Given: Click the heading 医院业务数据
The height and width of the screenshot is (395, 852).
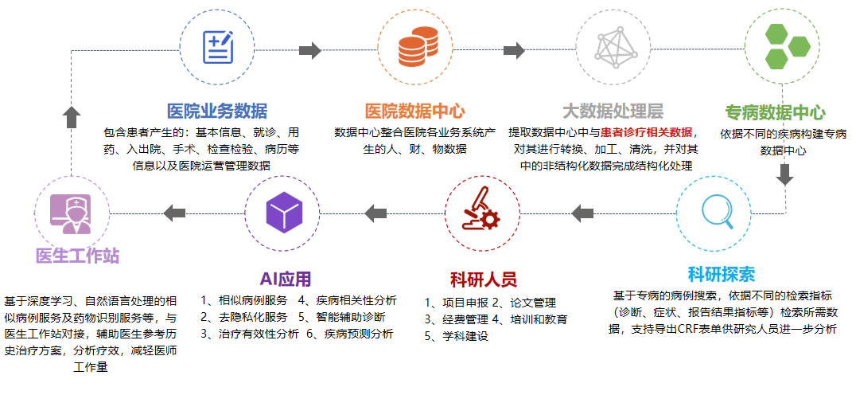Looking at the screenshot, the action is pyautogui.click(x=217, y=111).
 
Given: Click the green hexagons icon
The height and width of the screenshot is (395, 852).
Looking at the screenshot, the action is pyautogui.click(x=786, y=46).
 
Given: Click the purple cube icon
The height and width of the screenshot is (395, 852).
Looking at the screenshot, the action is pyautogui.click(x=284, y=213).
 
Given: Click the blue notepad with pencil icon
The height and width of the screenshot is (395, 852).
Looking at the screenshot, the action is pyautogui.click(x=218, y=48).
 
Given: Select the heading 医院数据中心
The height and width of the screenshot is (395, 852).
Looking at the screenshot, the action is pyautogui.click(x=414, y=111).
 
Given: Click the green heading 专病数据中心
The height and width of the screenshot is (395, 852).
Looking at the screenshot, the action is pyautogui.click(x=776, y=113).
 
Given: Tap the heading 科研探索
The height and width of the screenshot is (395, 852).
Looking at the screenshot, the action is pyautogui.click(x=721, y=274).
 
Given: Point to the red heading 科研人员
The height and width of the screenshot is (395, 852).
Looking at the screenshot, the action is pyautogui.click(x=483, y=279).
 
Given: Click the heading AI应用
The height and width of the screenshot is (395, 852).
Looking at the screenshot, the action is pyautogui.click(x=286, y=279).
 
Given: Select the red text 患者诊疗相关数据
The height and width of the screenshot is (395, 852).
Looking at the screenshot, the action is pyautogui.click(x=646, y=133).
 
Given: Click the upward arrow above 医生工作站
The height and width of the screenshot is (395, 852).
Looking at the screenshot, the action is pyautogui.click(x=71, y=117).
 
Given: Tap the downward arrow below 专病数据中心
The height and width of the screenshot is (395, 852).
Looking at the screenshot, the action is pyautogui.click(x=786, y=174).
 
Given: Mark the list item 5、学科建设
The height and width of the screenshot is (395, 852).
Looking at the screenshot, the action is pyautogui.click(x=457, y=336).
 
